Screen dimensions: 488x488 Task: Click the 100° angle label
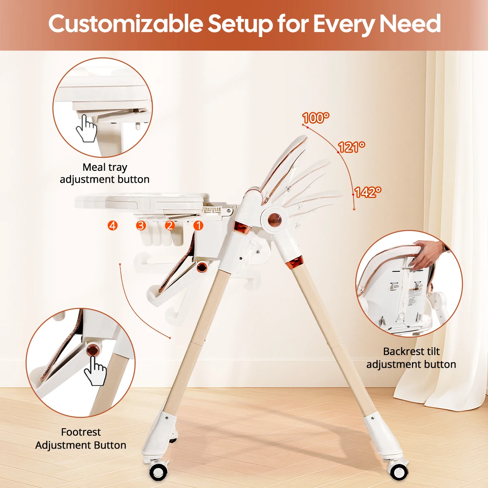pyautogui.click(x=316, y=118)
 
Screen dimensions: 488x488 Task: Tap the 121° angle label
pyautogui.click(x=351, y=147)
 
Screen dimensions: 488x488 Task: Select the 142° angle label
pyautogui.click(x=368, y=192)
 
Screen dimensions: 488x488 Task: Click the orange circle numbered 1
pyautogui.click(x=198, y=225)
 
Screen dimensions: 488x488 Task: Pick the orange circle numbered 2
pyautogui.click(x=170, y=225)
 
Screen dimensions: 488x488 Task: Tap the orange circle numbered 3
pyautogui.click(x=141, y=225)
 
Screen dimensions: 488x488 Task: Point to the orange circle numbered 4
pyautogui.click(x=113, y=225)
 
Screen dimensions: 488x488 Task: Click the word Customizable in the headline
pyautogui.click(x=126, y=24)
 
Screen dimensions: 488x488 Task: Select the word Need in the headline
pyautogui.click(x=410, y=24)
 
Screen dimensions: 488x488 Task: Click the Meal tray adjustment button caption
pyautogui.click(x=105, y=173)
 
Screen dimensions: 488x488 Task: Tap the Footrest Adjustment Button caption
pyautogui.click(x=81, y=438)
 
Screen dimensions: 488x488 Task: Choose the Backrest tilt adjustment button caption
pyautogui.click(x=411, y=358)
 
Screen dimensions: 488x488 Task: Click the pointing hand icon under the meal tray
pyautogui.click(x=86, y=129)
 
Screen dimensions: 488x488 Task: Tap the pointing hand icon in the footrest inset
pyautogui.click(x=95, y=371)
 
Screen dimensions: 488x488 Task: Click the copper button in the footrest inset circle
pyautogui.click(x=93, y=351)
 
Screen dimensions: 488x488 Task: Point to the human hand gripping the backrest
pyautogui.click(x=428, y=255)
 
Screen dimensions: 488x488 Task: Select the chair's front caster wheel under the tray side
pyautogui.click(x=159, y=472)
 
